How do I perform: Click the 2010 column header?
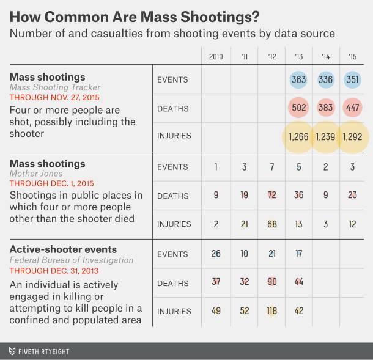point(216,56)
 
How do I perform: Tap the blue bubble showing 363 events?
point(298,80)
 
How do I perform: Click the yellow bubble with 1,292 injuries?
point(353,137)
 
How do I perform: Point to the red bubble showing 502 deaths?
point(298,109)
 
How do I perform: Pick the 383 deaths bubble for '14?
point(325,109)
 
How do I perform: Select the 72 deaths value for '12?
point(271,196)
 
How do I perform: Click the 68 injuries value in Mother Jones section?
point(271,224)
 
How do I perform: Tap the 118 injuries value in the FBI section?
point(271,310)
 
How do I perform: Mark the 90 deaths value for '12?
point(271,282)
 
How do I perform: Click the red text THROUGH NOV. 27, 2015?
point(54,97)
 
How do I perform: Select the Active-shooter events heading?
point(63,249)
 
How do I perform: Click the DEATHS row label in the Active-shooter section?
point(172,282)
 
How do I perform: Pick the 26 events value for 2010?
point(216,253)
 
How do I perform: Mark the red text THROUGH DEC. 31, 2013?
point(54,270)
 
